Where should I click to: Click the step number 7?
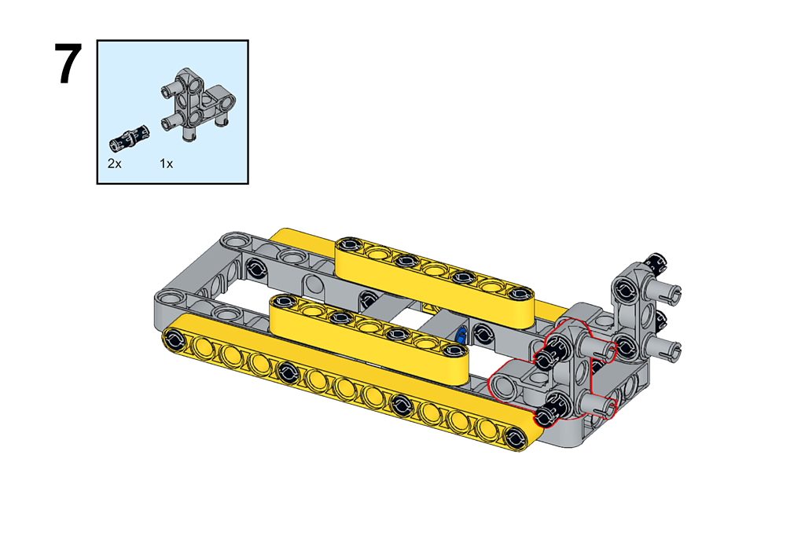pos(68,64)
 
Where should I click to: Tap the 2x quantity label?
pos(115,163)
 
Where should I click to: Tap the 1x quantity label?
pos(167,163)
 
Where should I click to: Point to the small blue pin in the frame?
pos(461,335)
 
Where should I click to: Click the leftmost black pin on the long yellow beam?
pos(174,338)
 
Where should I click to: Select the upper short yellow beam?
pos(434,282)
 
